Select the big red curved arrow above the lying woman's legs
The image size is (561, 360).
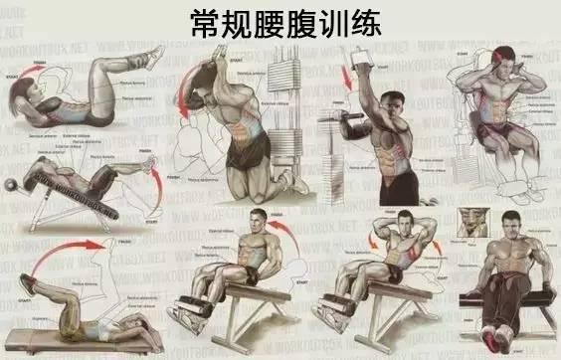60,265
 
